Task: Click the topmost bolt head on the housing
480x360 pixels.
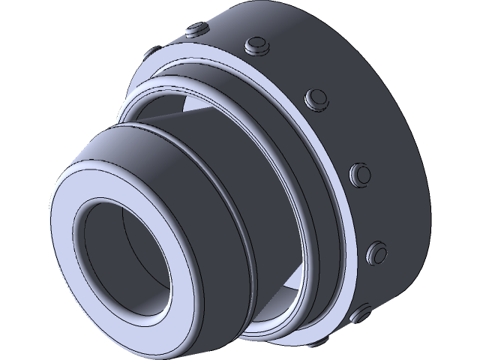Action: pyautogui.click(x=197, y=29)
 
